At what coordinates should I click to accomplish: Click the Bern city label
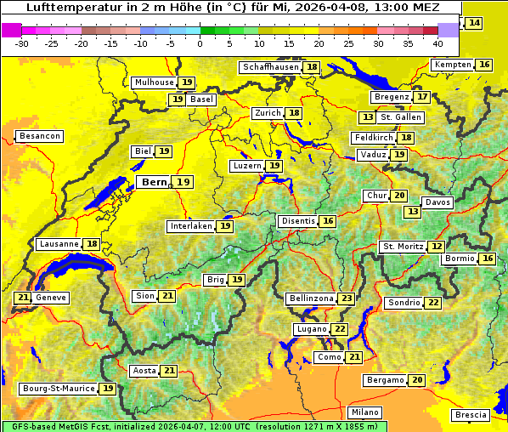(154, 182)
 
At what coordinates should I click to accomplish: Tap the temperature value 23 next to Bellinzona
(346, 298)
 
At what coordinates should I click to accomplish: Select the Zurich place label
(267, 113)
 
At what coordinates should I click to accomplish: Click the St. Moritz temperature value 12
(436, 247)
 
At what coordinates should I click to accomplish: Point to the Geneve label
(51, 298)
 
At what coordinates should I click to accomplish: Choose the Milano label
(366, 411)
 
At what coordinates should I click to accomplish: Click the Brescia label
(471, 414)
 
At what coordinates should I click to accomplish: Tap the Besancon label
(39, 136)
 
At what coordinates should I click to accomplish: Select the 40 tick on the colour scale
(437, 43)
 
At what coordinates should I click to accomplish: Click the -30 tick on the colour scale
(22, 43)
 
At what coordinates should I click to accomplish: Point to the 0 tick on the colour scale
(200, 43)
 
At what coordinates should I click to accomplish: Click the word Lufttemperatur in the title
(61, 7)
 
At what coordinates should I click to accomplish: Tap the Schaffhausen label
(270, 67)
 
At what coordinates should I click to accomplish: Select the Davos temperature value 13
(413, 211)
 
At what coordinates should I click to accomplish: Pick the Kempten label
(453, 65)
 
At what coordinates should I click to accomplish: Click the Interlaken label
(190, 226)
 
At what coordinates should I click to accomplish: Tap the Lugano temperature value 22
(340, 329)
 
